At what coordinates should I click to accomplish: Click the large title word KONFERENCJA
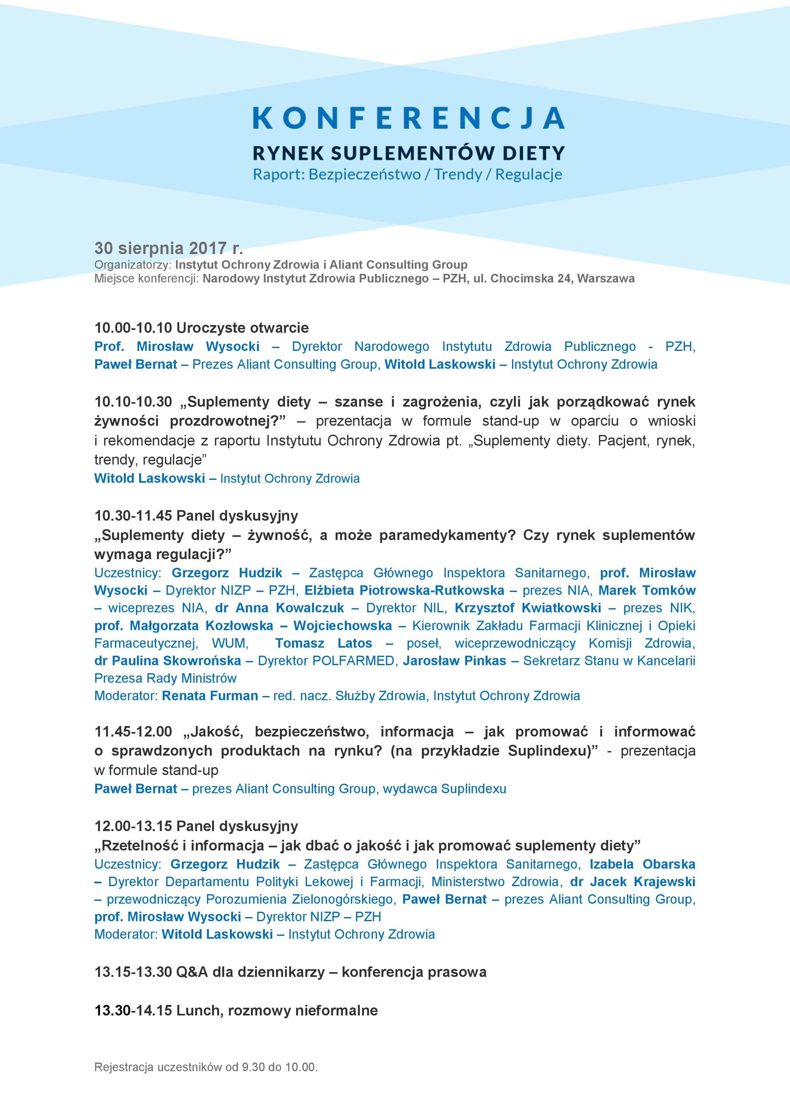409,118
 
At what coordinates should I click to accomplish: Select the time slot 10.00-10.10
133,328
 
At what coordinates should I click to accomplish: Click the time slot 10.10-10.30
133,402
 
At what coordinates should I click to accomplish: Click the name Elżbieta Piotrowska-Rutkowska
404,591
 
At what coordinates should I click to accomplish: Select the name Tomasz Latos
324,643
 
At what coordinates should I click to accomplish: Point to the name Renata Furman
210,696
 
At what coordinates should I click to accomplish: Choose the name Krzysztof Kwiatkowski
528,608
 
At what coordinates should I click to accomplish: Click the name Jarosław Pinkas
454,661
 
